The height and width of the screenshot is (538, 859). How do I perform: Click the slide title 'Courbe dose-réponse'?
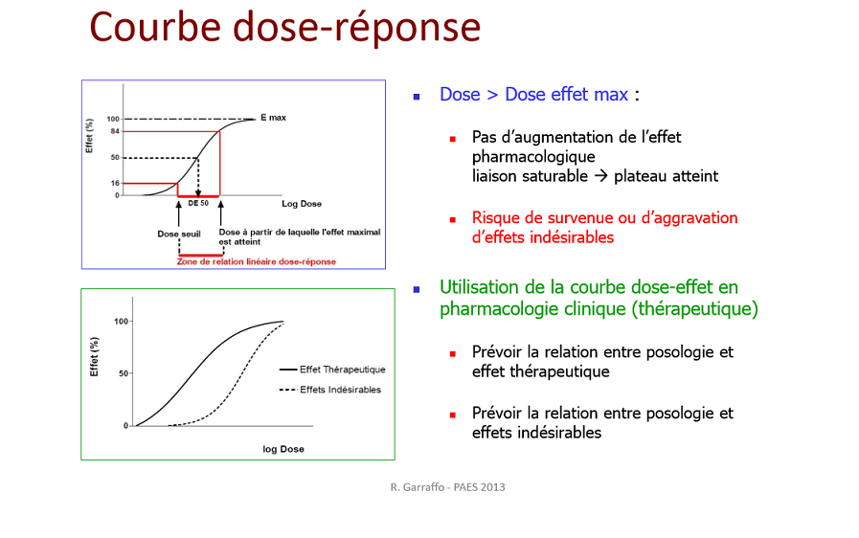click(x=284, y=28)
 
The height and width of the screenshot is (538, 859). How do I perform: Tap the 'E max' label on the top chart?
click(x=273, y=118)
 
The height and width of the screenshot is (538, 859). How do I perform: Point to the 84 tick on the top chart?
click(x=115, y=131)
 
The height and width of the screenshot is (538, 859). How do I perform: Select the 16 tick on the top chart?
click(x=115, y=183)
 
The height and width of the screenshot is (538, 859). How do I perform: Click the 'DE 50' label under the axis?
click(x=198, y=203)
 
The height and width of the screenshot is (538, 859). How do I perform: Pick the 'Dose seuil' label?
click(x=179, y=234)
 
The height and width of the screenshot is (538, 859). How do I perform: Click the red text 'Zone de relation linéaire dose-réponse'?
click(x=257, y=262)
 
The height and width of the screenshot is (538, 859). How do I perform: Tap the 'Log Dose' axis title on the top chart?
click(x=302, y=204)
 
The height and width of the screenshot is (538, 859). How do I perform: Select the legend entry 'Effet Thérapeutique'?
click(x=343, y=370)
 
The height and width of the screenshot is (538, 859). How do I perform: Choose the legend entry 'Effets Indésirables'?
click(x=340, y=390)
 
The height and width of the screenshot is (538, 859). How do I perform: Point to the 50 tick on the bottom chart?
click(x=124, y=373)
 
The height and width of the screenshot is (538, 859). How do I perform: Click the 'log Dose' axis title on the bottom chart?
click(x=283, y=449)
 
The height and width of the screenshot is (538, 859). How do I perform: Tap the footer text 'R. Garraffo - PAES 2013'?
click(x=447, y=487)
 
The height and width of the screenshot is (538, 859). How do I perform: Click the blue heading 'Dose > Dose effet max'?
click(x=533, y=94)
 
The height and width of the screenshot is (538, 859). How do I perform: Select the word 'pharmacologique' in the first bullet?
click(x=533, y=157)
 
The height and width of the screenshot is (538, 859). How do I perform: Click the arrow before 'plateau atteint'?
click(x=601, y=176)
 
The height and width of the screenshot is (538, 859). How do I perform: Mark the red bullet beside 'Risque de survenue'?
click(x=453, y=219)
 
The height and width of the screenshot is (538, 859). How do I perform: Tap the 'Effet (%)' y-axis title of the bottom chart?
click(x=94, y=357)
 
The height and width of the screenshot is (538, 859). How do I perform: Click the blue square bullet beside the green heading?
click(x=417, y=289)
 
